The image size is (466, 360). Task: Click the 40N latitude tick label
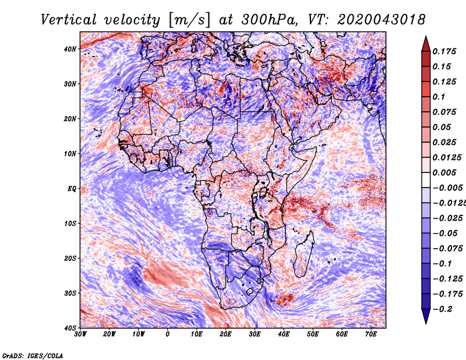click(x=70, y=49)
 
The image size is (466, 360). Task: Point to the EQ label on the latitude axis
click(x=72, y=188)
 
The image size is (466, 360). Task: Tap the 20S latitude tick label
click(x=70, y=258)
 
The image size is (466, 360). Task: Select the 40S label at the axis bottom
click(x=70, y=328)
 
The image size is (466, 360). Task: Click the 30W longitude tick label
click(x=80, y=335)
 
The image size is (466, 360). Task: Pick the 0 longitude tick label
click(x=168, y=335)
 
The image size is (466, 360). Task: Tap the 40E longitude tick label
click(x=284, y=335)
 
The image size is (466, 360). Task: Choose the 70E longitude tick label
click(x=371, y=335)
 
